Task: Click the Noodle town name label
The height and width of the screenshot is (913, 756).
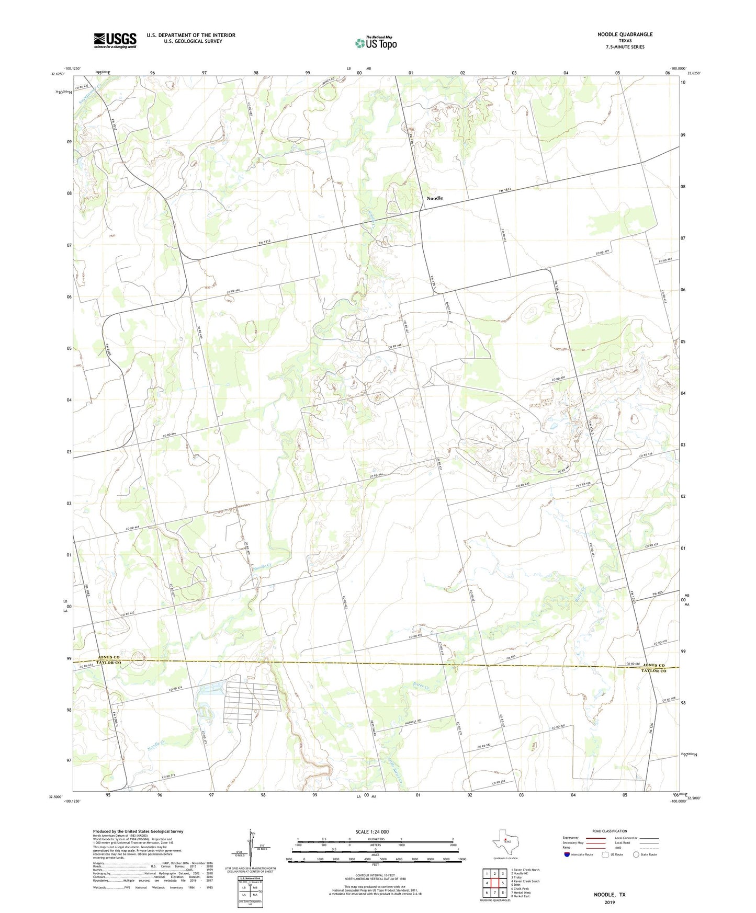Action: tap(435, 198)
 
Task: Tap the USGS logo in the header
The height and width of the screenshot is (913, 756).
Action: tap(115, 40)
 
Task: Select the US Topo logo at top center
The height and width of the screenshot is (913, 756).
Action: tap(376, 43)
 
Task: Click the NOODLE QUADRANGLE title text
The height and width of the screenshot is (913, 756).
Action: tap(625, 35)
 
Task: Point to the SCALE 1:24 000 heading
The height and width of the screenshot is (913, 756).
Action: tap(372, 831)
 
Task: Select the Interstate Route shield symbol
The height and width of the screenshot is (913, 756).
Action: tap(567, 854)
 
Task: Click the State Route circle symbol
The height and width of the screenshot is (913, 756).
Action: tap(636, 854)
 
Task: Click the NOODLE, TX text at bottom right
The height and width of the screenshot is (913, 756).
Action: tap(609, 895)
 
